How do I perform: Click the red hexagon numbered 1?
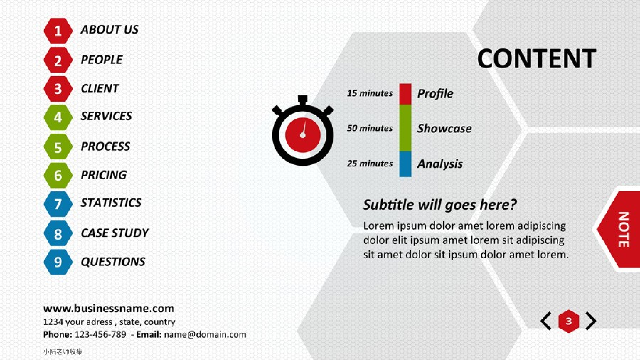tap(58, 31)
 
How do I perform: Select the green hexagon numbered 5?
tap(58, 147)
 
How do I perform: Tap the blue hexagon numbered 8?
tap(58, 234)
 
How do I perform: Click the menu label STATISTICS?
tap(111, 203)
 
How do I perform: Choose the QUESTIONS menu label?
tap(113, 262)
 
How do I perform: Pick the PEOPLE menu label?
tap(101, 60)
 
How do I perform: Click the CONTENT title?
tap(537, 59)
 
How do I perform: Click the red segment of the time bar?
tap(405, 94)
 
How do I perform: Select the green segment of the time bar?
tap(405, 128)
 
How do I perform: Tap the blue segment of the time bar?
tap(405, 164)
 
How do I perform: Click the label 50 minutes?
tap(370, 128)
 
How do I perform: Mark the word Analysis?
tap(440, 164)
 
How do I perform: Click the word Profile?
tap(435, 93)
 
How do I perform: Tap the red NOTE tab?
tap(619, 229)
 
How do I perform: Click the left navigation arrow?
tap(546, 321)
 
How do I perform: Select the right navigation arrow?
tap(591, 321)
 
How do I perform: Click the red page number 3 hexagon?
tap(569, 321)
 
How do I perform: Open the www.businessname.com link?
tap(109, 308)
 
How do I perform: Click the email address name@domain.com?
tap(205, 335)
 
